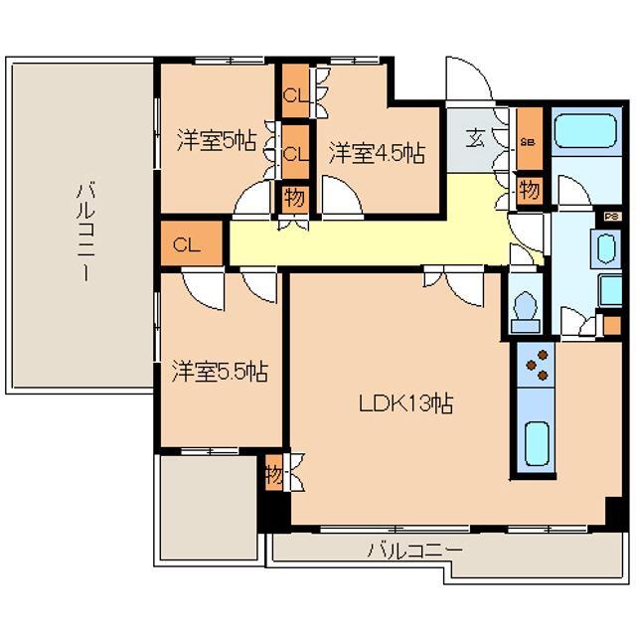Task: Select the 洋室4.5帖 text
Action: pyautogui.click(x=377, y=153)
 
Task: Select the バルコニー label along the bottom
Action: pyautogui.click(x=414, y=550)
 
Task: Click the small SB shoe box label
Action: pyautogui.click(x=529, y=142)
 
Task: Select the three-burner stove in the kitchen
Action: pyautogui.click(x=538, y=365)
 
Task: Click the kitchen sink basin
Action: pyautogui.click(x=538, y=443)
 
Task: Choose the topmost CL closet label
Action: pyautogui.click(x=294, y=96)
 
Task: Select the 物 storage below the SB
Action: pyautogui.click(x=529, y=189)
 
